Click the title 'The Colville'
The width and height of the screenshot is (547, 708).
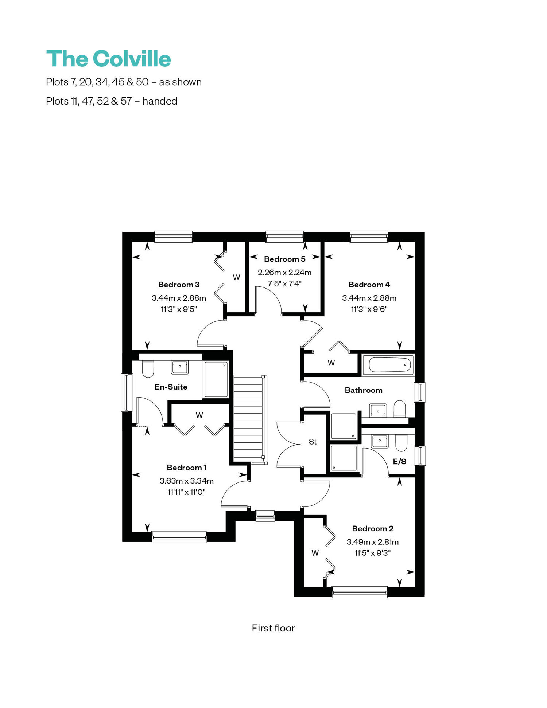(x=109, y=59)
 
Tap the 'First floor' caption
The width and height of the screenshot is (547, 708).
(x=273, y=628)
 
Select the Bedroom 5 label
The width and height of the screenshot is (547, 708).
(x=284, y=259)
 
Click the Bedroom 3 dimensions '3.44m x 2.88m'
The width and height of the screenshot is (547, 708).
(x=179, y=298)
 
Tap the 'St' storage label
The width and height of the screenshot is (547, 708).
(x=313, y=442)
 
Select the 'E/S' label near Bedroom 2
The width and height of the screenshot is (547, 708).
(x=399, y=461)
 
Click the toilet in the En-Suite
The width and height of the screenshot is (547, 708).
(x=148, y=369)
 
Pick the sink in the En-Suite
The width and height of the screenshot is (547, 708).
(x=179, y=367)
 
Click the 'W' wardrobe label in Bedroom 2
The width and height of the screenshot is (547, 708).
(x=315, y=553)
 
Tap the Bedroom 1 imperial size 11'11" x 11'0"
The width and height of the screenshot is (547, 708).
(x=186, y=492)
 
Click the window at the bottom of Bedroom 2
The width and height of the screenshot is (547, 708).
(x=360, y=592)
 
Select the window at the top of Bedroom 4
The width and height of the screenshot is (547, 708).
(x=369, y=236)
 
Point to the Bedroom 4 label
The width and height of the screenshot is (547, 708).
(x=369, y=285)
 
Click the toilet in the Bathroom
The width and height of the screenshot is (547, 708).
(x=400, y=409)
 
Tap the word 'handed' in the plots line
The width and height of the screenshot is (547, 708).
(x=160, y=101)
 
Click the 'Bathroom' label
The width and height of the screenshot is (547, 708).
(x=364, y=390)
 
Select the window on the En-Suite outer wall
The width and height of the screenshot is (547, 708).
(x=127, y=392)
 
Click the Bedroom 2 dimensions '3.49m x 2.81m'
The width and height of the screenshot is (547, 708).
(x=372, y=542)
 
